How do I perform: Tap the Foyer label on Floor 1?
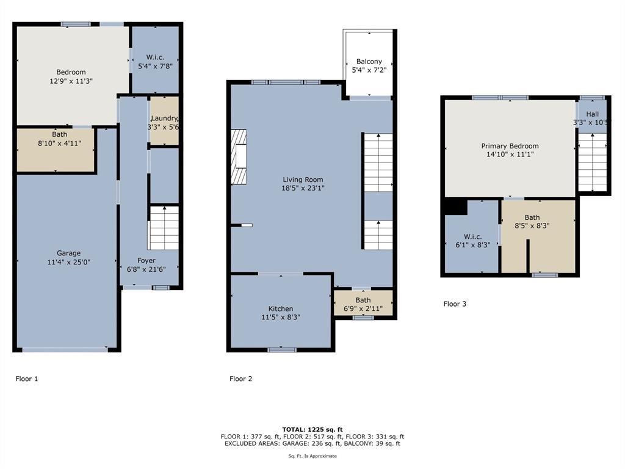(x=146, y=261)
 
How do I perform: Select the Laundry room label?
(x=164, y=118)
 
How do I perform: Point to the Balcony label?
(x=369, y=62)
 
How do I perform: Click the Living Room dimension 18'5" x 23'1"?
(x=303, y=189)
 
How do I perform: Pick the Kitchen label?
(x=281, y=309)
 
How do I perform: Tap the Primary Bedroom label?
(x=510, y=147)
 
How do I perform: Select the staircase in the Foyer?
(x=164, y=228)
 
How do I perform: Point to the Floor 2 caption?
(x=240, y=379)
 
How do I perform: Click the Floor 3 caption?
(x=455, y=304)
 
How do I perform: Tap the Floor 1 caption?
(x=27, y=379)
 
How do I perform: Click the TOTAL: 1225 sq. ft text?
(x=312, y=429)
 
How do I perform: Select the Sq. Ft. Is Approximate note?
(x=312, y=456)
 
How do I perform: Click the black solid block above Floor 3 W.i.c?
(x=455, y=207)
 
